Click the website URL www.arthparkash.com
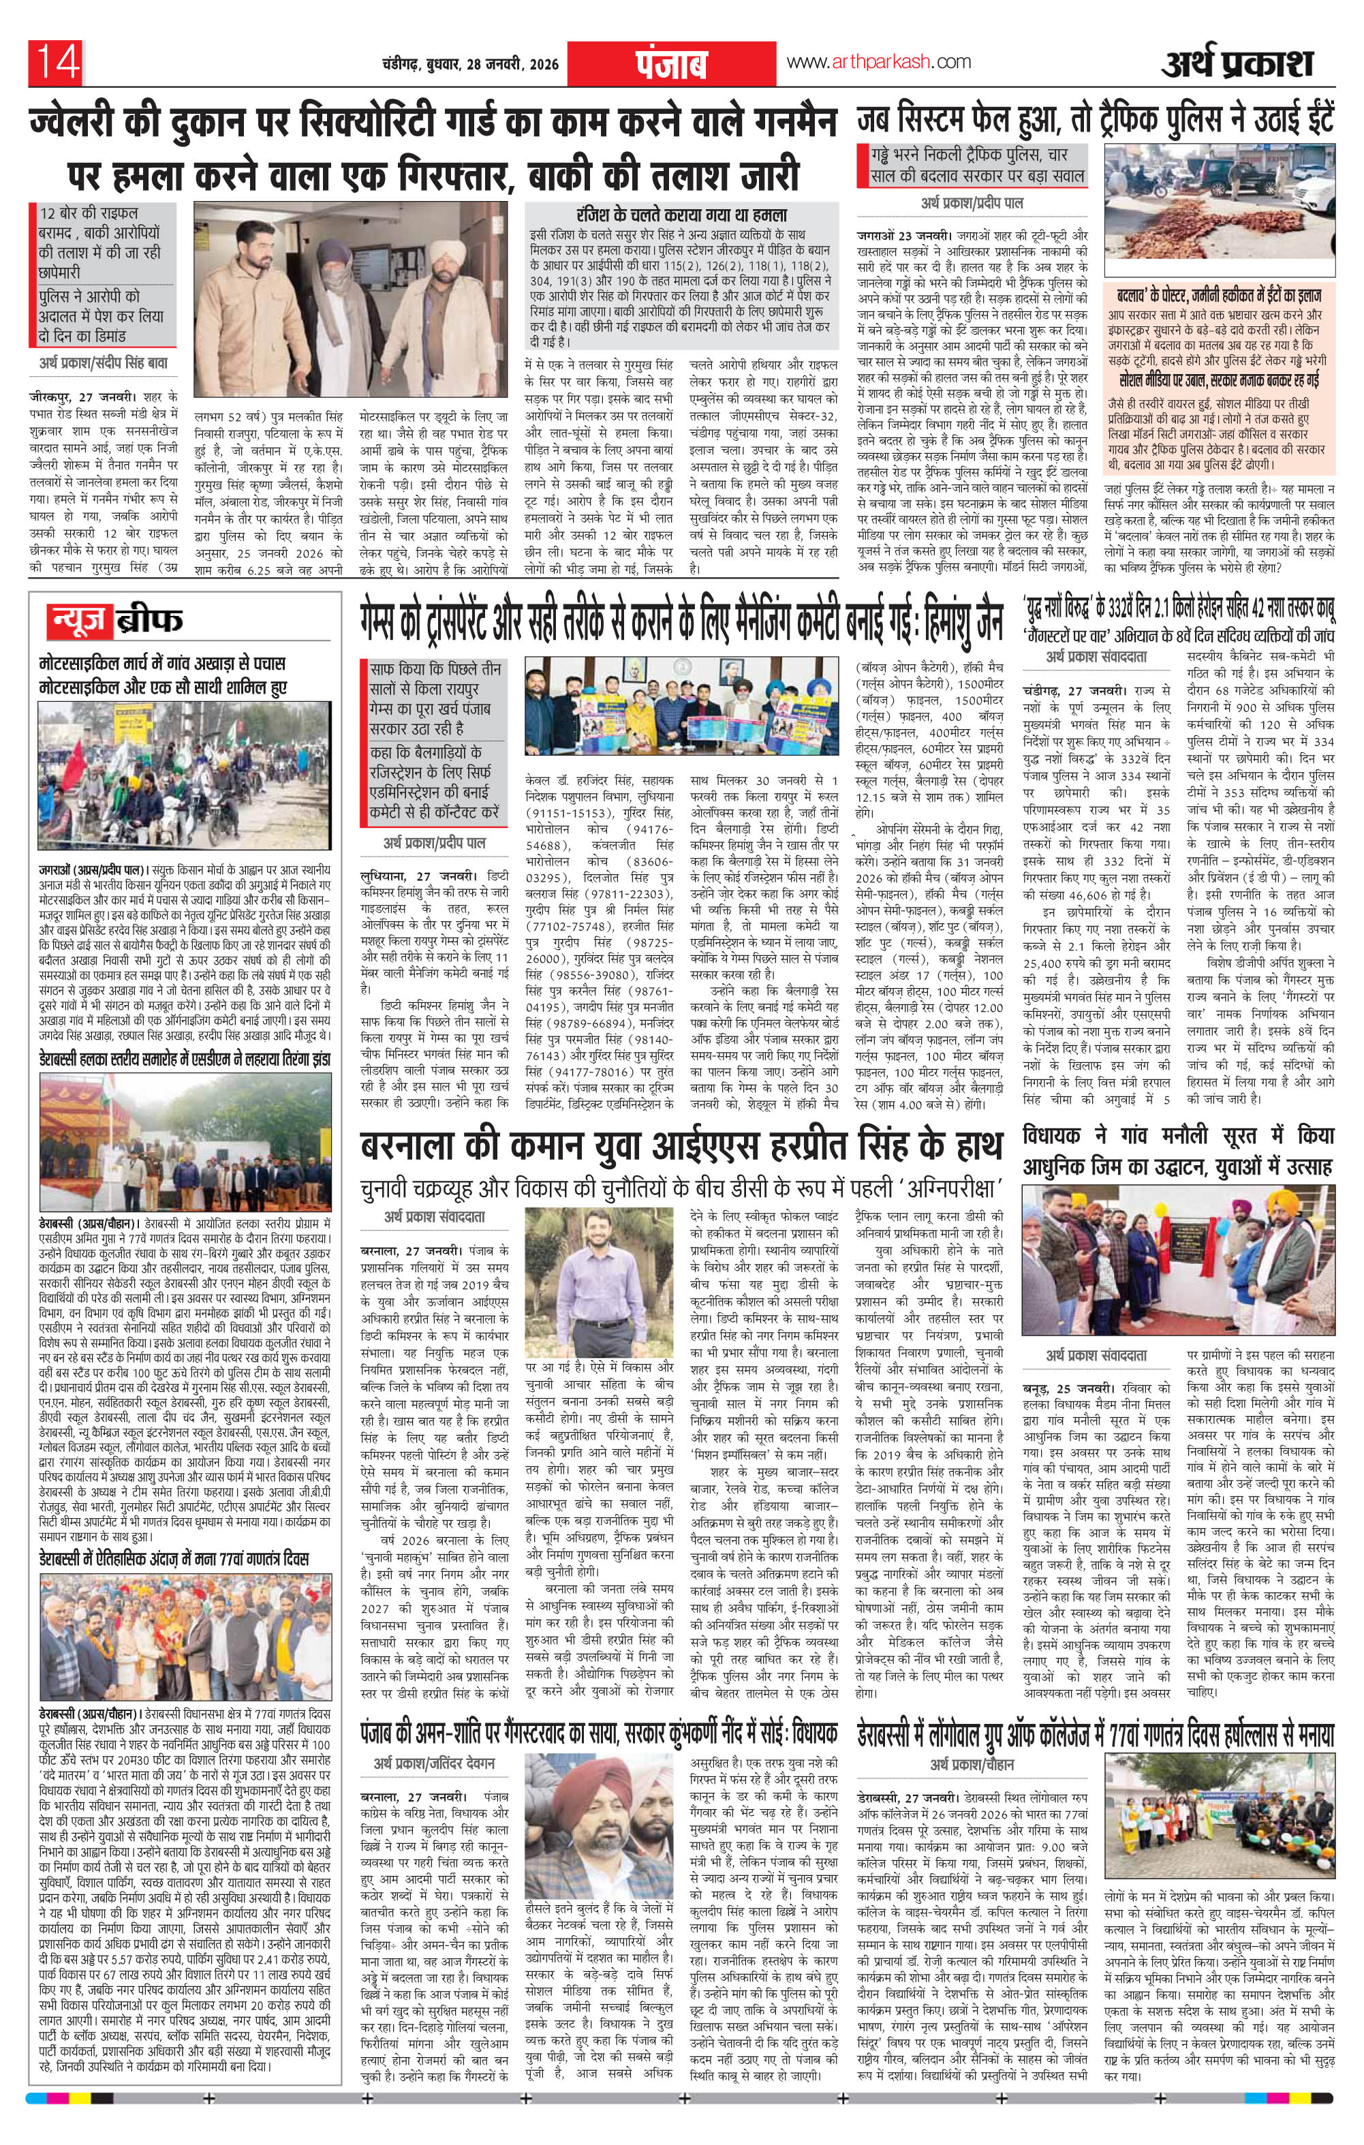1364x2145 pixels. pos(877,63)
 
